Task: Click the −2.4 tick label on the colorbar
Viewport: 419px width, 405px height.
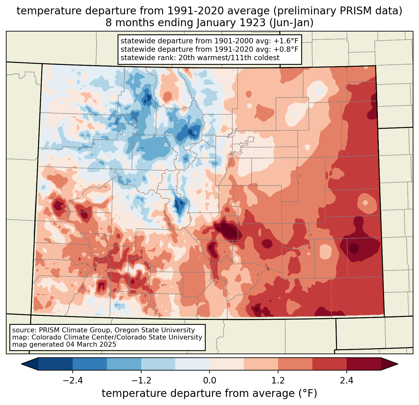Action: [73, 381]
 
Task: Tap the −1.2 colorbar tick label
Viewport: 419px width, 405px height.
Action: [141, 381]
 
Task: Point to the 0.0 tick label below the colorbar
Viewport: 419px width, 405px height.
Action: [209, 381]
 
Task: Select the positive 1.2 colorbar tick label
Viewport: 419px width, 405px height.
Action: [278, 381]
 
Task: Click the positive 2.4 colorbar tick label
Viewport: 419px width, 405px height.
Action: [346, 381]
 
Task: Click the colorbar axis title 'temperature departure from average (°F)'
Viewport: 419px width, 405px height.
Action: [209, 393]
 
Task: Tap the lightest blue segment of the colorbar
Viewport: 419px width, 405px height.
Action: [192, 364]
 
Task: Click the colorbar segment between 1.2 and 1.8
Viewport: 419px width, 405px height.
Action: [295, 364]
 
